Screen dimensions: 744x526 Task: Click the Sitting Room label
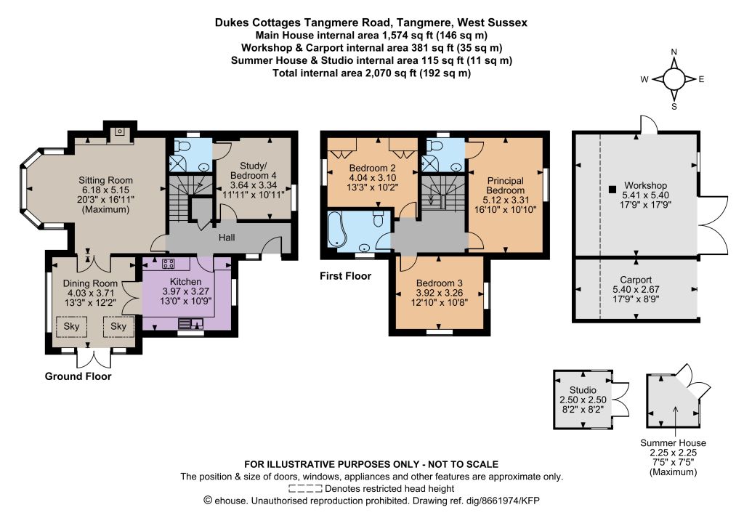point(105,180)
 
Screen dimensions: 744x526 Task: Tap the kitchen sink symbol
point(191,324)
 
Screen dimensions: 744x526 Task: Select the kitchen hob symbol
point(168,264)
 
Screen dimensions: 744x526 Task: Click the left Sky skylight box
point(72,326)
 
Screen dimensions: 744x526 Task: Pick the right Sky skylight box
point(118,326)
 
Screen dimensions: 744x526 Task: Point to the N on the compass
point(674,52)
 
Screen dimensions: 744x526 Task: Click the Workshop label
point(645,185)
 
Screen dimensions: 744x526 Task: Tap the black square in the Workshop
point(612,189)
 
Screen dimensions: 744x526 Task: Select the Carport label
point(636,280)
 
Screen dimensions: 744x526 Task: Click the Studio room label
point(583,390)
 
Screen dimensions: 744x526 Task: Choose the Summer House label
point(673,443)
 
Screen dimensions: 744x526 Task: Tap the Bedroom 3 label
point(440,283)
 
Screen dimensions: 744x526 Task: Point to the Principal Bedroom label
point(506,185)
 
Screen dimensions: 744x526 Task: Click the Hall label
point(227,238)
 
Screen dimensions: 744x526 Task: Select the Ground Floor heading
point(78,376)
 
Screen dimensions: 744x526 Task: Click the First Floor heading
point(345,276)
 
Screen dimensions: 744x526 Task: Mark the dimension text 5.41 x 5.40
point(645,195)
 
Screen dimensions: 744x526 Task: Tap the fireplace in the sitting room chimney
point(121,131)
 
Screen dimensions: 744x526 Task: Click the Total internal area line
point(371,73)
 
